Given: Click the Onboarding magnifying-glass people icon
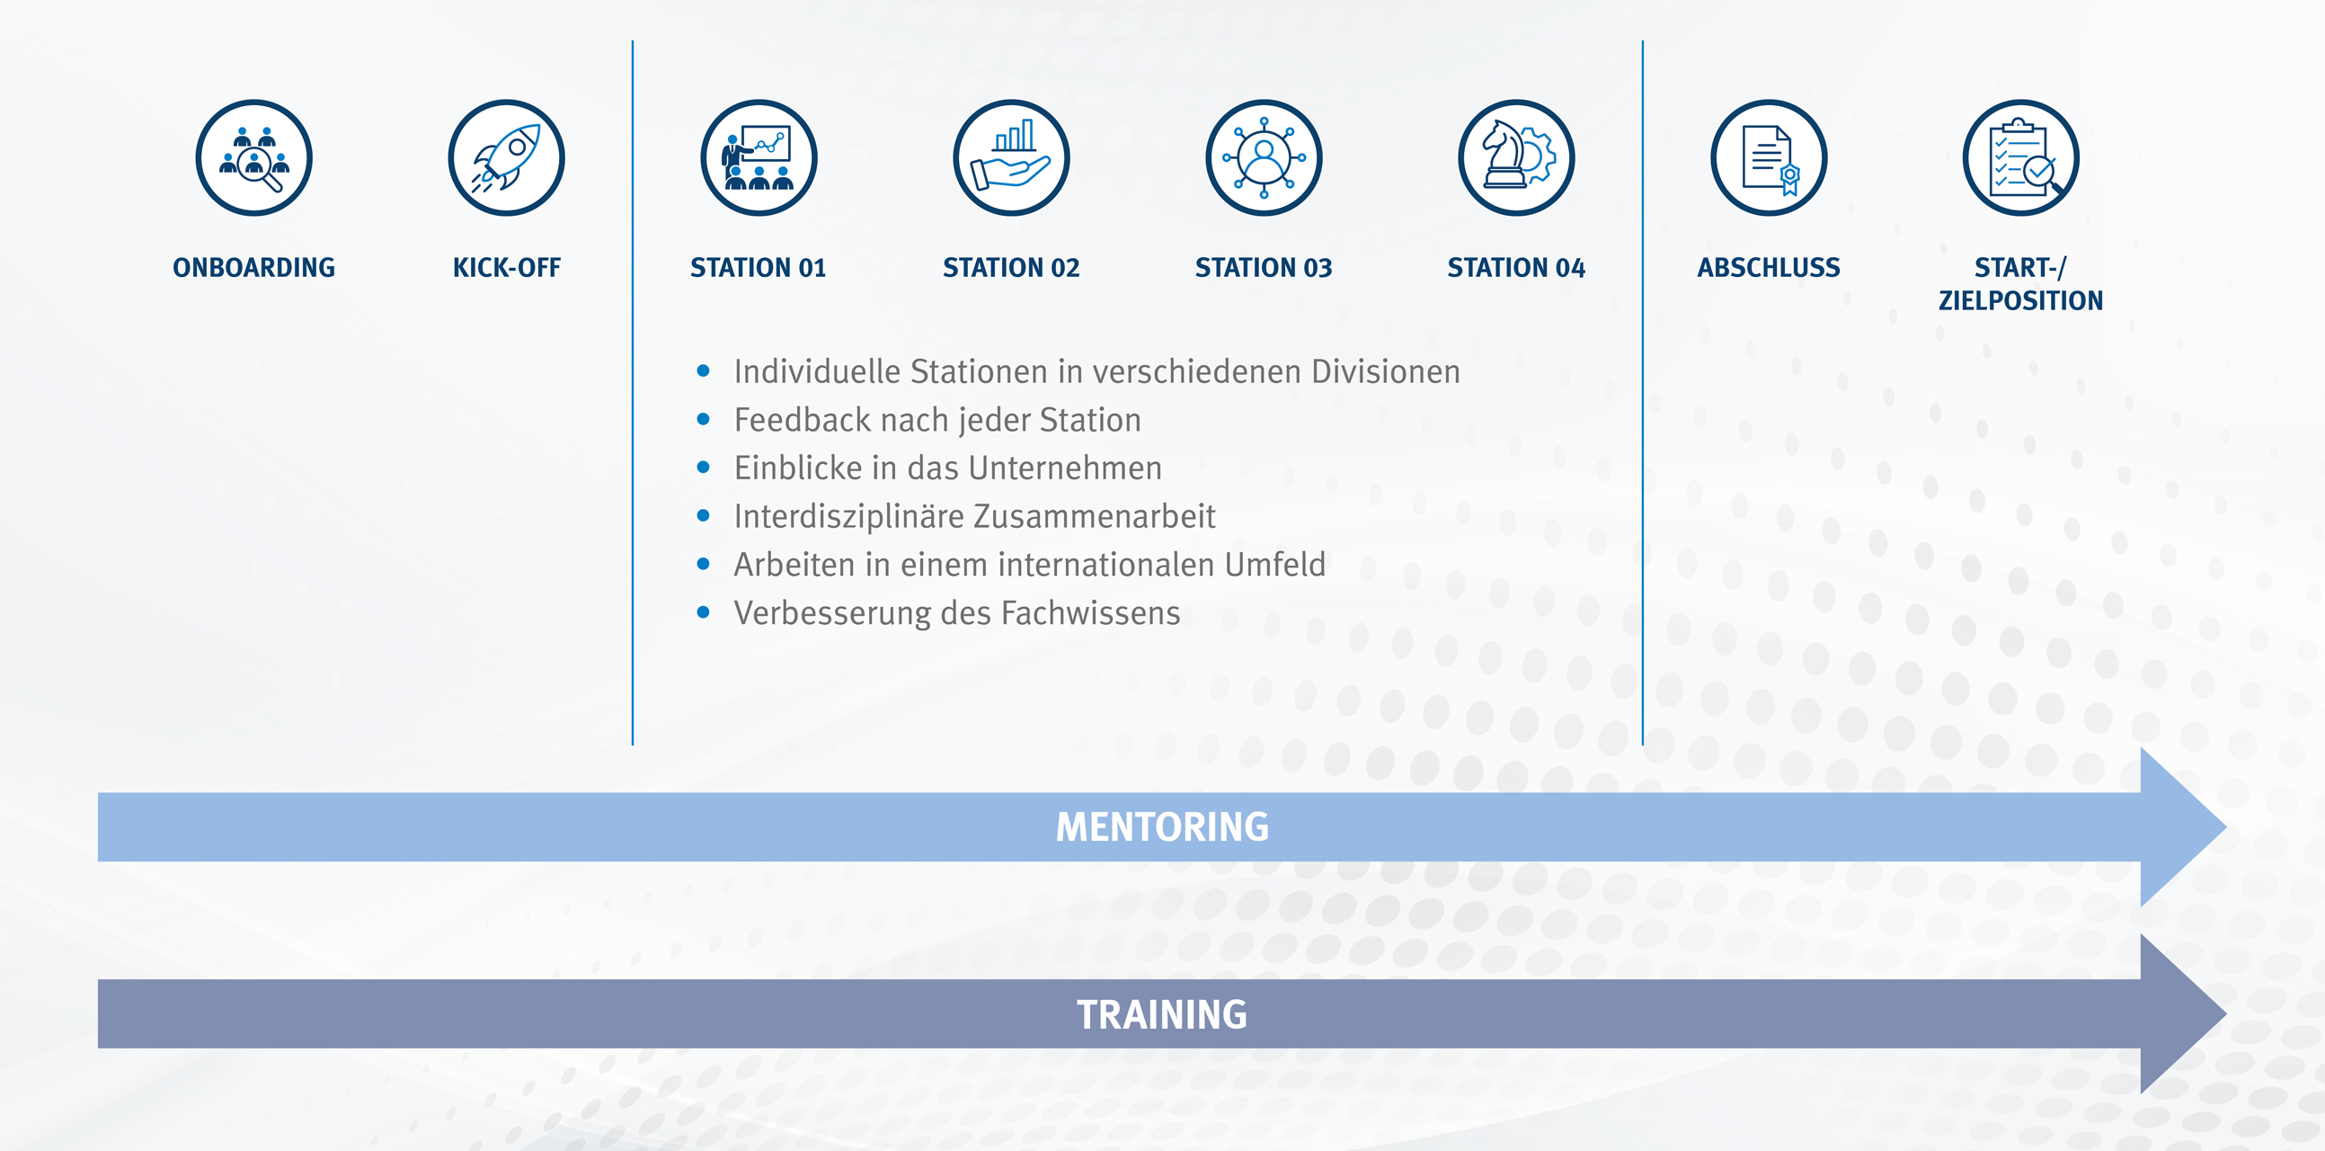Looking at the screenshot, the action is [x=253, y=158].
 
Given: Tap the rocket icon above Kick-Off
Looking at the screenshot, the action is [x=506, y=158].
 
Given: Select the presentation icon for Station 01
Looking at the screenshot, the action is [x=759, y=158].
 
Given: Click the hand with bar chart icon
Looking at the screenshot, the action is [x=1012, y=158].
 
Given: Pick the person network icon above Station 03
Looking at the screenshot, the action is [x=1264, y=158].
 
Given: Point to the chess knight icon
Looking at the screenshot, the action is [x=1516, y=158].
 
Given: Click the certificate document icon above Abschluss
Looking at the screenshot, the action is [x=1769, y=158].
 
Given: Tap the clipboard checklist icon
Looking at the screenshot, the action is [x=2021, y=158].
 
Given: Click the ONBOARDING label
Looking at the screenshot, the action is [x=253, y=268].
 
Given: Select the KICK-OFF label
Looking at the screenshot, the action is [x=506, y=268].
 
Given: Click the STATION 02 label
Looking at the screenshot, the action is [x=1011, y=268].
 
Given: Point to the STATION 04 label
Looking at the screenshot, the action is [x=1516, y=268].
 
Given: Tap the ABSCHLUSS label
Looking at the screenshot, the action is [x=1768, y=268].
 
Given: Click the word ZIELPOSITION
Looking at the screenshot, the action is [x=2021, y=300].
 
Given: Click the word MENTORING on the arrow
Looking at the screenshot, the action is [x=1163, y=828].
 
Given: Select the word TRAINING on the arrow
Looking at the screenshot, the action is [x=1163, y=1014].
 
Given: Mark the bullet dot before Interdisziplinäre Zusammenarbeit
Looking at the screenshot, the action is [x=703, y=515].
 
